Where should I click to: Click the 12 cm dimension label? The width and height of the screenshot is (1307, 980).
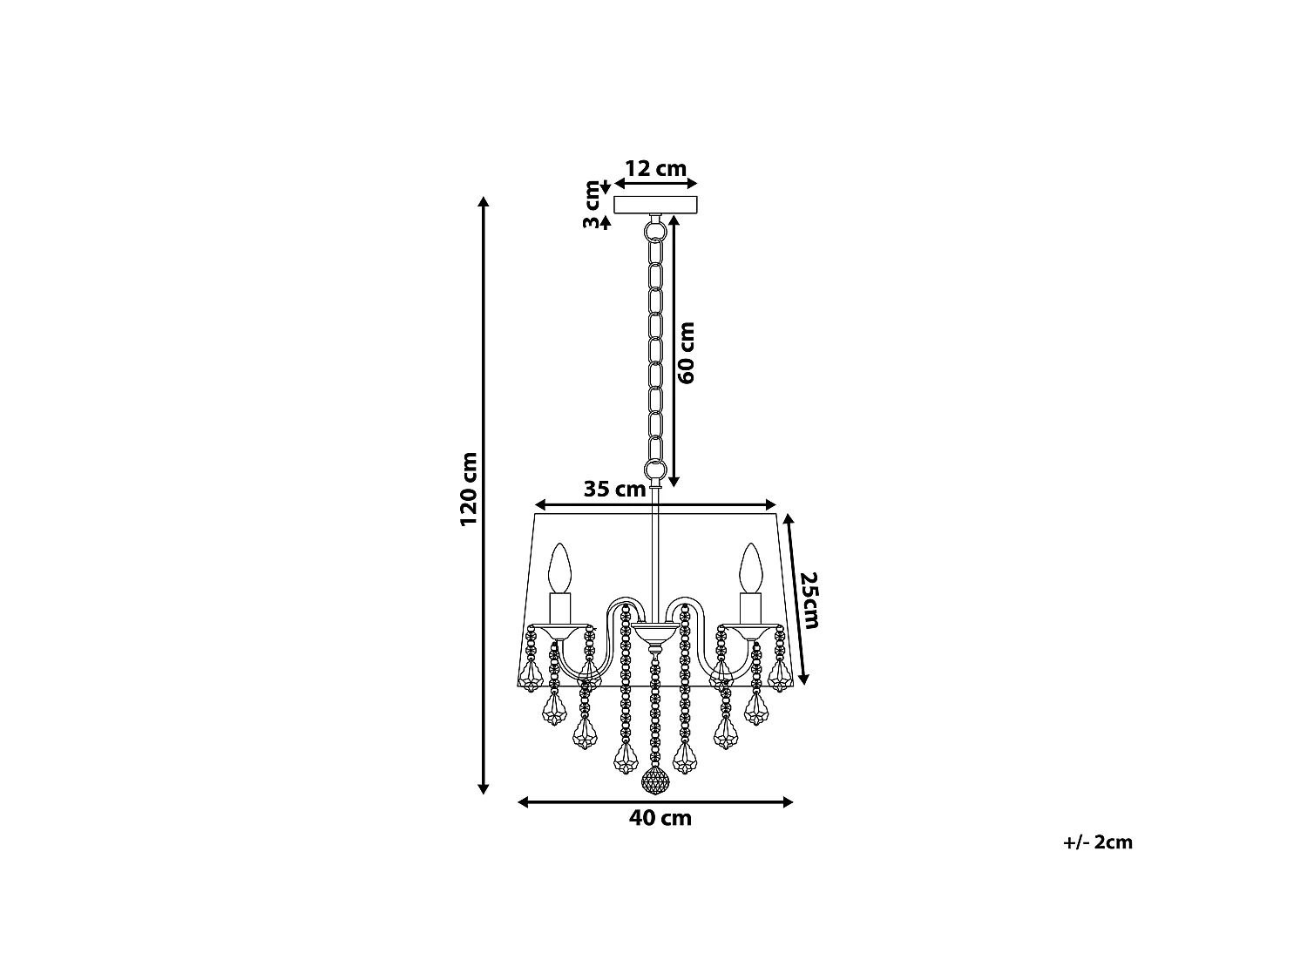coord(655,169)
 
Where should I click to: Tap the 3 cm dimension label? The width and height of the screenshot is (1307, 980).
coord(592,205)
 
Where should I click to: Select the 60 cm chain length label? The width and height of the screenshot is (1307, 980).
coord(687,353)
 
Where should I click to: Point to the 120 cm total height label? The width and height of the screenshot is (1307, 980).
coord(469,489)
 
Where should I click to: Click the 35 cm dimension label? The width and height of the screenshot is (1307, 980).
coord(614,489)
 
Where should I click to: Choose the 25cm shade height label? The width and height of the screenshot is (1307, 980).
coord(810,600)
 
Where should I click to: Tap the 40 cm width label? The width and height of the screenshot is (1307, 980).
coord(660,818)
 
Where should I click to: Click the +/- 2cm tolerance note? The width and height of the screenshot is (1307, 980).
coord(1098,842)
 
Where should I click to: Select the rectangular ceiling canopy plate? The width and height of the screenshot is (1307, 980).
coord(655,205)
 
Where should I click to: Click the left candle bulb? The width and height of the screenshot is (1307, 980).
coord(559,568)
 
